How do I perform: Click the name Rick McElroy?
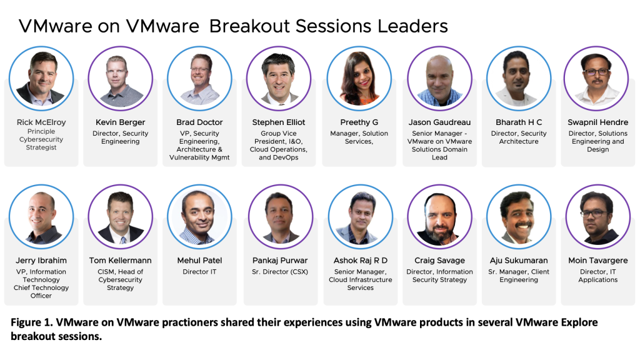(x=41, y=122)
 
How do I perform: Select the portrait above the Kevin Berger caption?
(x=121, y=78)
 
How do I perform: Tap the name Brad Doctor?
(x=199, y=122)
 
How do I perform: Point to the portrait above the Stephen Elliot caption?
(x=279, y=78)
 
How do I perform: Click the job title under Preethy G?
(x=359, y=137)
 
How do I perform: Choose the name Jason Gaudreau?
(x=439, y=122)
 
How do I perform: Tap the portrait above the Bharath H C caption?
(x=519, y=78)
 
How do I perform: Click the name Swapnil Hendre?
(x=598, y=122)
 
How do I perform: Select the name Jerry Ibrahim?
(x=41, y=261)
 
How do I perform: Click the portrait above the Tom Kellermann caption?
(x=121, y=217)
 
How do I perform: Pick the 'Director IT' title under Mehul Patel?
(x=199, y=272)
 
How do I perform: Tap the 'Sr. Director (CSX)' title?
(x=280, y=272)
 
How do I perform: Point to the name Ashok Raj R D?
(x=361, y=261)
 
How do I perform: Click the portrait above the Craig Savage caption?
(x=439, y=217)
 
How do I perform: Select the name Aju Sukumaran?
(x=519, y=261)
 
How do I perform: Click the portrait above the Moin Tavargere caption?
(x=598, y=217)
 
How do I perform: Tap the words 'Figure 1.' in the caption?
(x=31, y=322)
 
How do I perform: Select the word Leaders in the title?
(x=412, y=26)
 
